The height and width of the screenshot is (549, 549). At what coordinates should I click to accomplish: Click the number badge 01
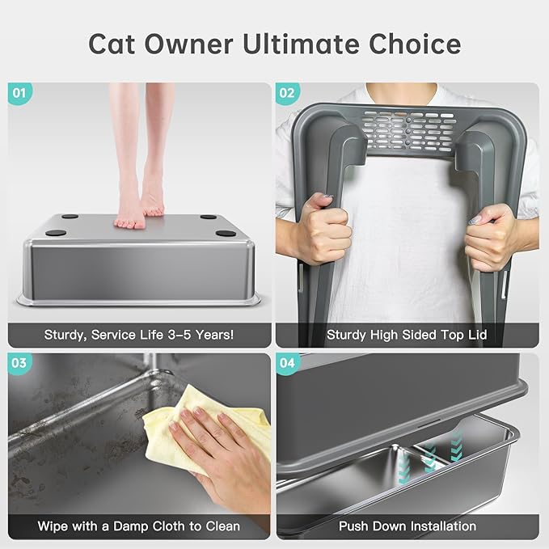coord(20,93)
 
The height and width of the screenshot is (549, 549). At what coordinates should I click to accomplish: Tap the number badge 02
coord(287,93)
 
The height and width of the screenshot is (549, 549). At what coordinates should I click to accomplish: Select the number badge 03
coord(20,363)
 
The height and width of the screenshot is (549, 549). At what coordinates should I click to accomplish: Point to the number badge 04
coord(287,363)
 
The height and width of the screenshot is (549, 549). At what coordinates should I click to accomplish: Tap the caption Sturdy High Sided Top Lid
coord(407,334)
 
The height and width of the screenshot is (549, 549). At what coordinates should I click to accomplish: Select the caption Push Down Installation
coord(407,526)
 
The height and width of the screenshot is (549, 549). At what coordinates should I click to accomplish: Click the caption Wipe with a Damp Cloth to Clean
coord(138,526)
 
